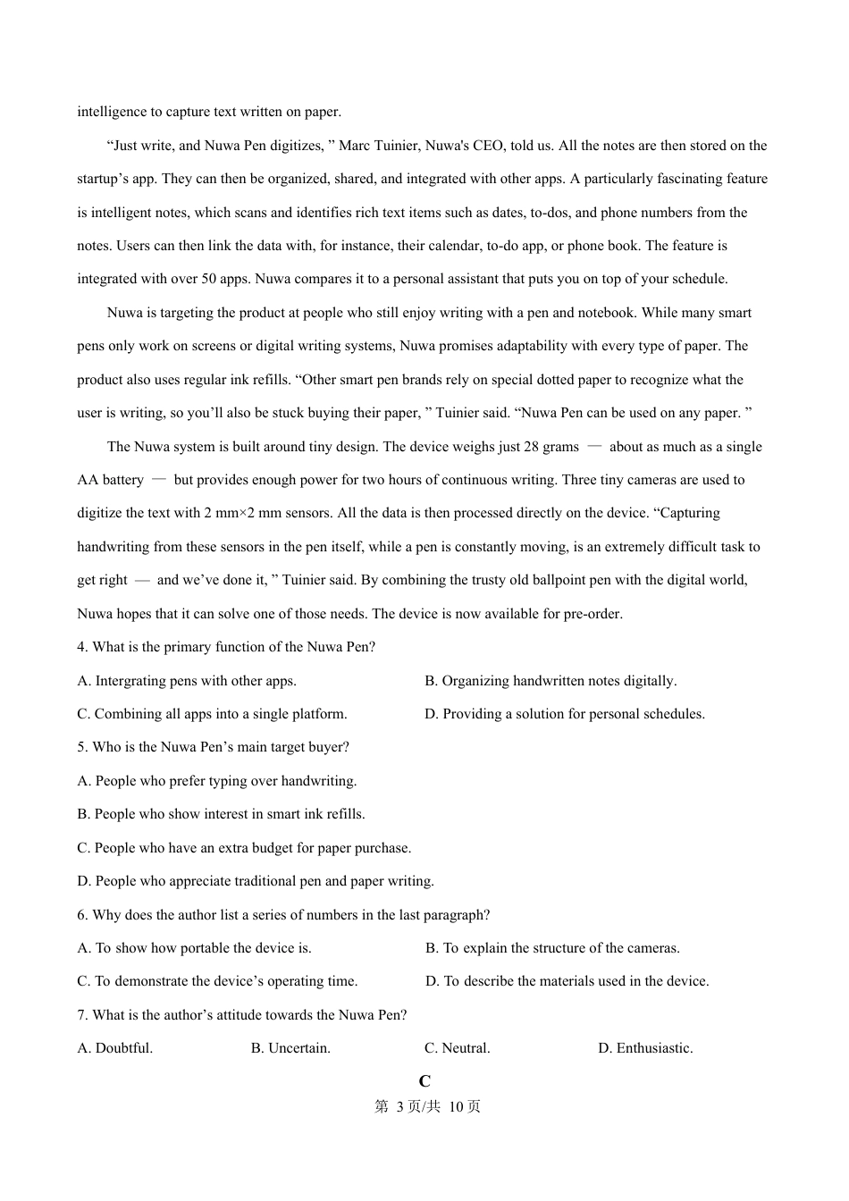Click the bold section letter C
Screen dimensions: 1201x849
coord(424,1080)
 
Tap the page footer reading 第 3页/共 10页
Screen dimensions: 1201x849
coord(427,1107)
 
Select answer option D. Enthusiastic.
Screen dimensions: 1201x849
coord(645,1048)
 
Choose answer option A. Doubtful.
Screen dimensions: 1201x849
coord(115,1048)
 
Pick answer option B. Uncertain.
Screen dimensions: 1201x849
coord(290,1048)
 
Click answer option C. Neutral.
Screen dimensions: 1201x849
coord(457,1048)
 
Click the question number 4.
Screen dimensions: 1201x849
coord(81,647)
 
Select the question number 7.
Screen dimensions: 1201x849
coord(81,1015)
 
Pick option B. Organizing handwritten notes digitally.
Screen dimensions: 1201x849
coord(551,681)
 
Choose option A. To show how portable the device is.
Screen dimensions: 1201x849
coord(195,948)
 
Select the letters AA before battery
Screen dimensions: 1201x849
coord(88,480)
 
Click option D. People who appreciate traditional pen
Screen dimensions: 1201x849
coord(256,881)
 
